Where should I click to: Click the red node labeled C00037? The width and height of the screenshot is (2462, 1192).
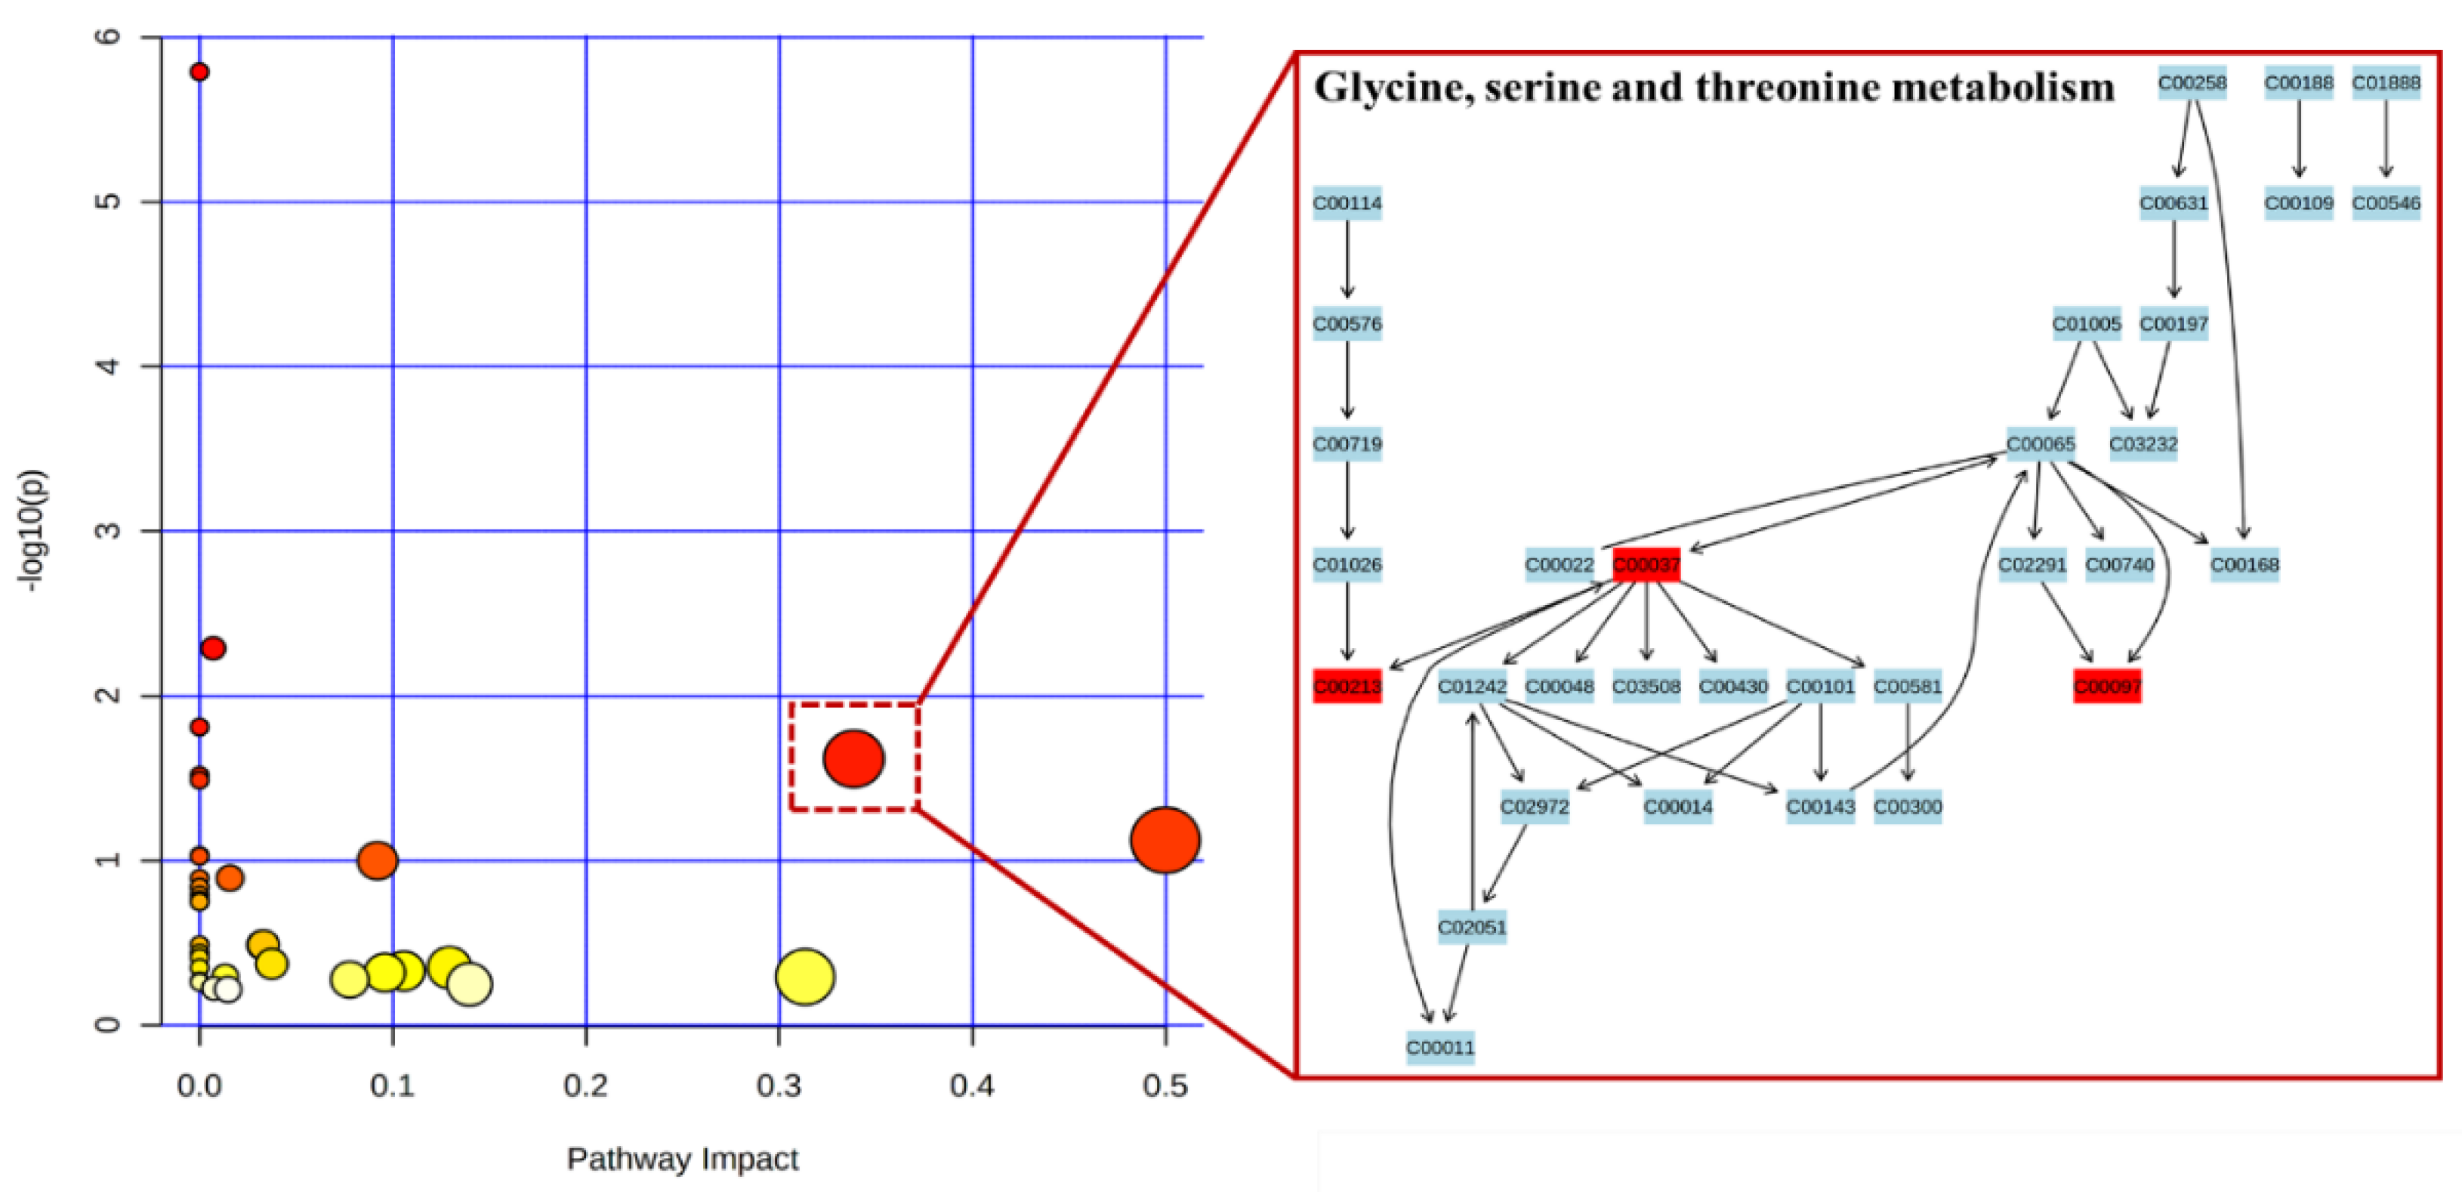tap(1646, 565)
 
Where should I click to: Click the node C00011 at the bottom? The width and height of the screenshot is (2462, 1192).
tap(1440, 1047)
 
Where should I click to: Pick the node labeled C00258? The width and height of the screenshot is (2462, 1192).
tap(2192, 83)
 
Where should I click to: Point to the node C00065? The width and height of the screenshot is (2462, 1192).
tap(2041, 444)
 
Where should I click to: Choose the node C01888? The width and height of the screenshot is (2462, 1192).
tap(2386, 83)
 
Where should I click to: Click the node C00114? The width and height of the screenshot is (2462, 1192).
tap(1347, 204)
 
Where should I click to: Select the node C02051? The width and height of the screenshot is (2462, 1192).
tap(1472, 926)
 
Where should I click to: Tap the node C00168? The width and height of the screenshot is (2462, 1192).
tap(2244, 565)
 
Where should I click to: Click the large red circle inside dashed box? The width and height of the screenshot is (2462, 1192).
tap(853, 758)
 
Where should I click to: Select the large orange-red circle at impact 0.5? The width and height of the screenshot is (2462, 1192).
tap(1164, 840)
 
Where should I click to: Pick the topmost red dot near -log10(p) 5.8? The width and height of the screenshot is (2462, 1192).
tap(199, 72)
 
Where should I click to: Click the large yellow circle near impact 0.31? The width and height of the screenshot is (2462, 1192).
tap(805, 977)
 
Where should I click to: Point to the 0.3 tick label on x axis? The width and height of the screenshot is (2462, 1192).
tap(779, 1086)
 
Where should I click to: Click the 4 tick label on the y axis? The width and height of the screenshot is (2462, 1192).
tap(108, 366)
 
